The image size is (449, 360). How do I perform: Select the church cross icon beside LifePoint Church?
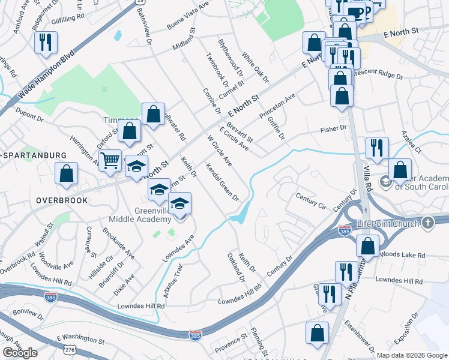tap(428, 223)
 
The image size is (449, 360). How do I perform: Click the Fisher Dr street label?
tap(334, 129)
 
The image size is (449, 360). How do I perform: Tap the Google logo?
tap(20, 353)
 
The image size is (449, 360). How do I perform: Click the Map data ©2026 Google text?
tap(411, 355)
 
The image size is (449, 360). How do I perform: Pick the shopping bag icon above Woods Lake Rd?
tap(367, 246)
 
